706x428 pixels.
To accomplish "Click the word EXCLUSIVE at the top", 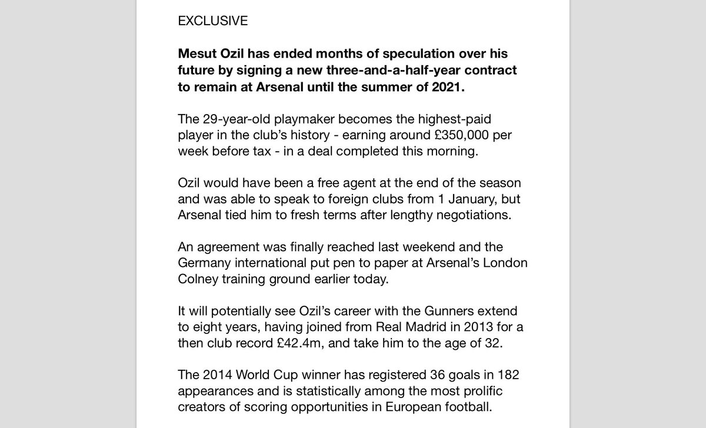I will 212,21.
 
